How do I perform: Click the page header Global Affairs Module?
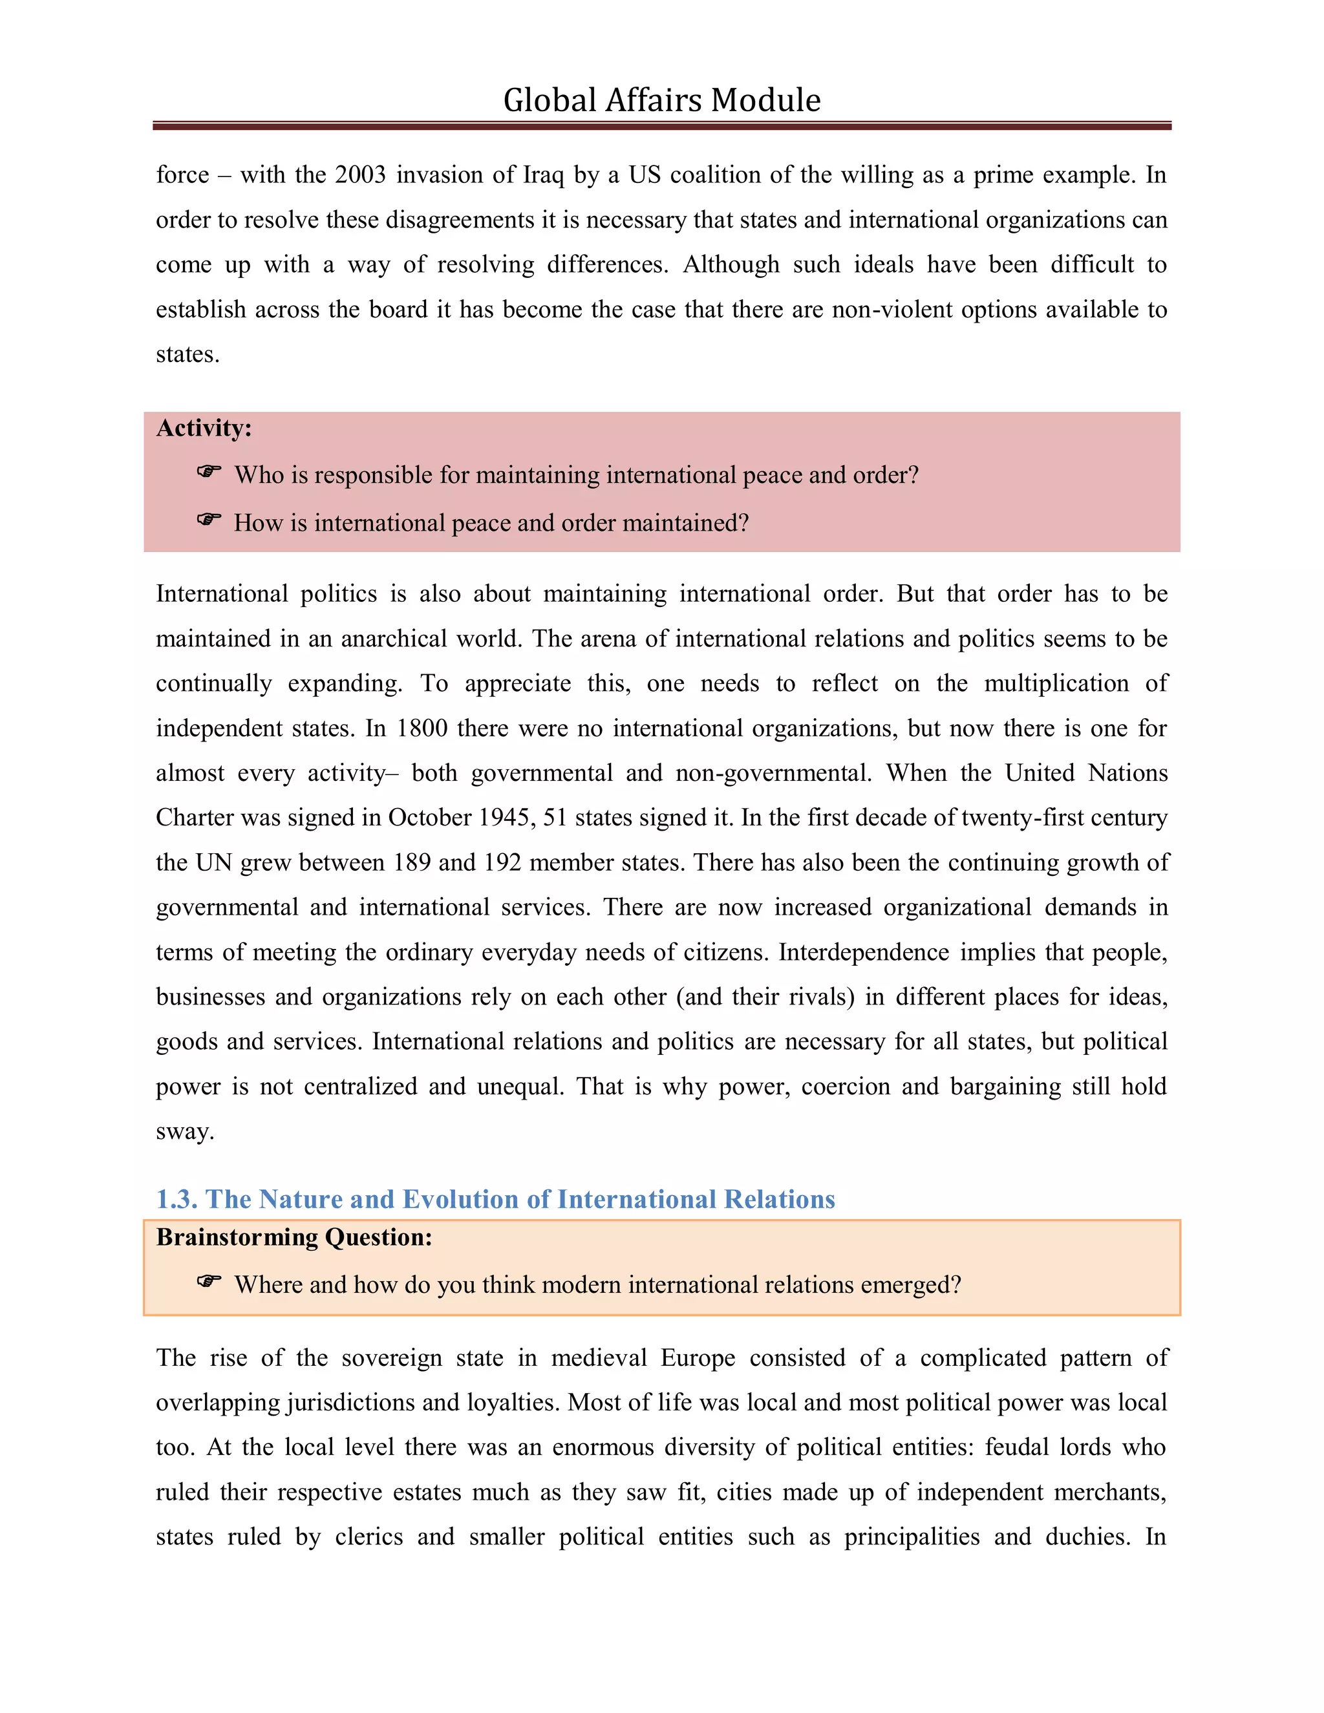pyautogui.click(x=661, y=100)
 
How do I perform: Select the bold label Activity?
pyautogui.click(x=204, y=428)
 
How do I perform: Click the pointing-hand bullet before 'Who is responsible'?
pyautogui.click(x=209, y=472)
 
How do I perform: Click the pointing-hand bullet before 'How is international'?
pyautogui.click(x=209, y=520)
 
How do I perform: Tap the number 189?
pyautogui.click(x=412, y=863)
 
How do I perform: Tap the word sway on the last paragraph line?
pyautogui.click(x=184, y=1132)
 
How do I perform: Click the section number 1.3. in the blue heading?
pyautogui.click(x=176, y=1199)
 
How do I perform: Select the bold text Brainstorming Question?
pyautogui.click(x=294, y=1238)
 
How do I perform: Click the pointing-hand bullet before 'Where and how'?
pyautogui.click(x=209, y=1282)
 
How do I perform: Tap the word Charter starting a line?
pyautogui.click(x=194, y=818)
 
